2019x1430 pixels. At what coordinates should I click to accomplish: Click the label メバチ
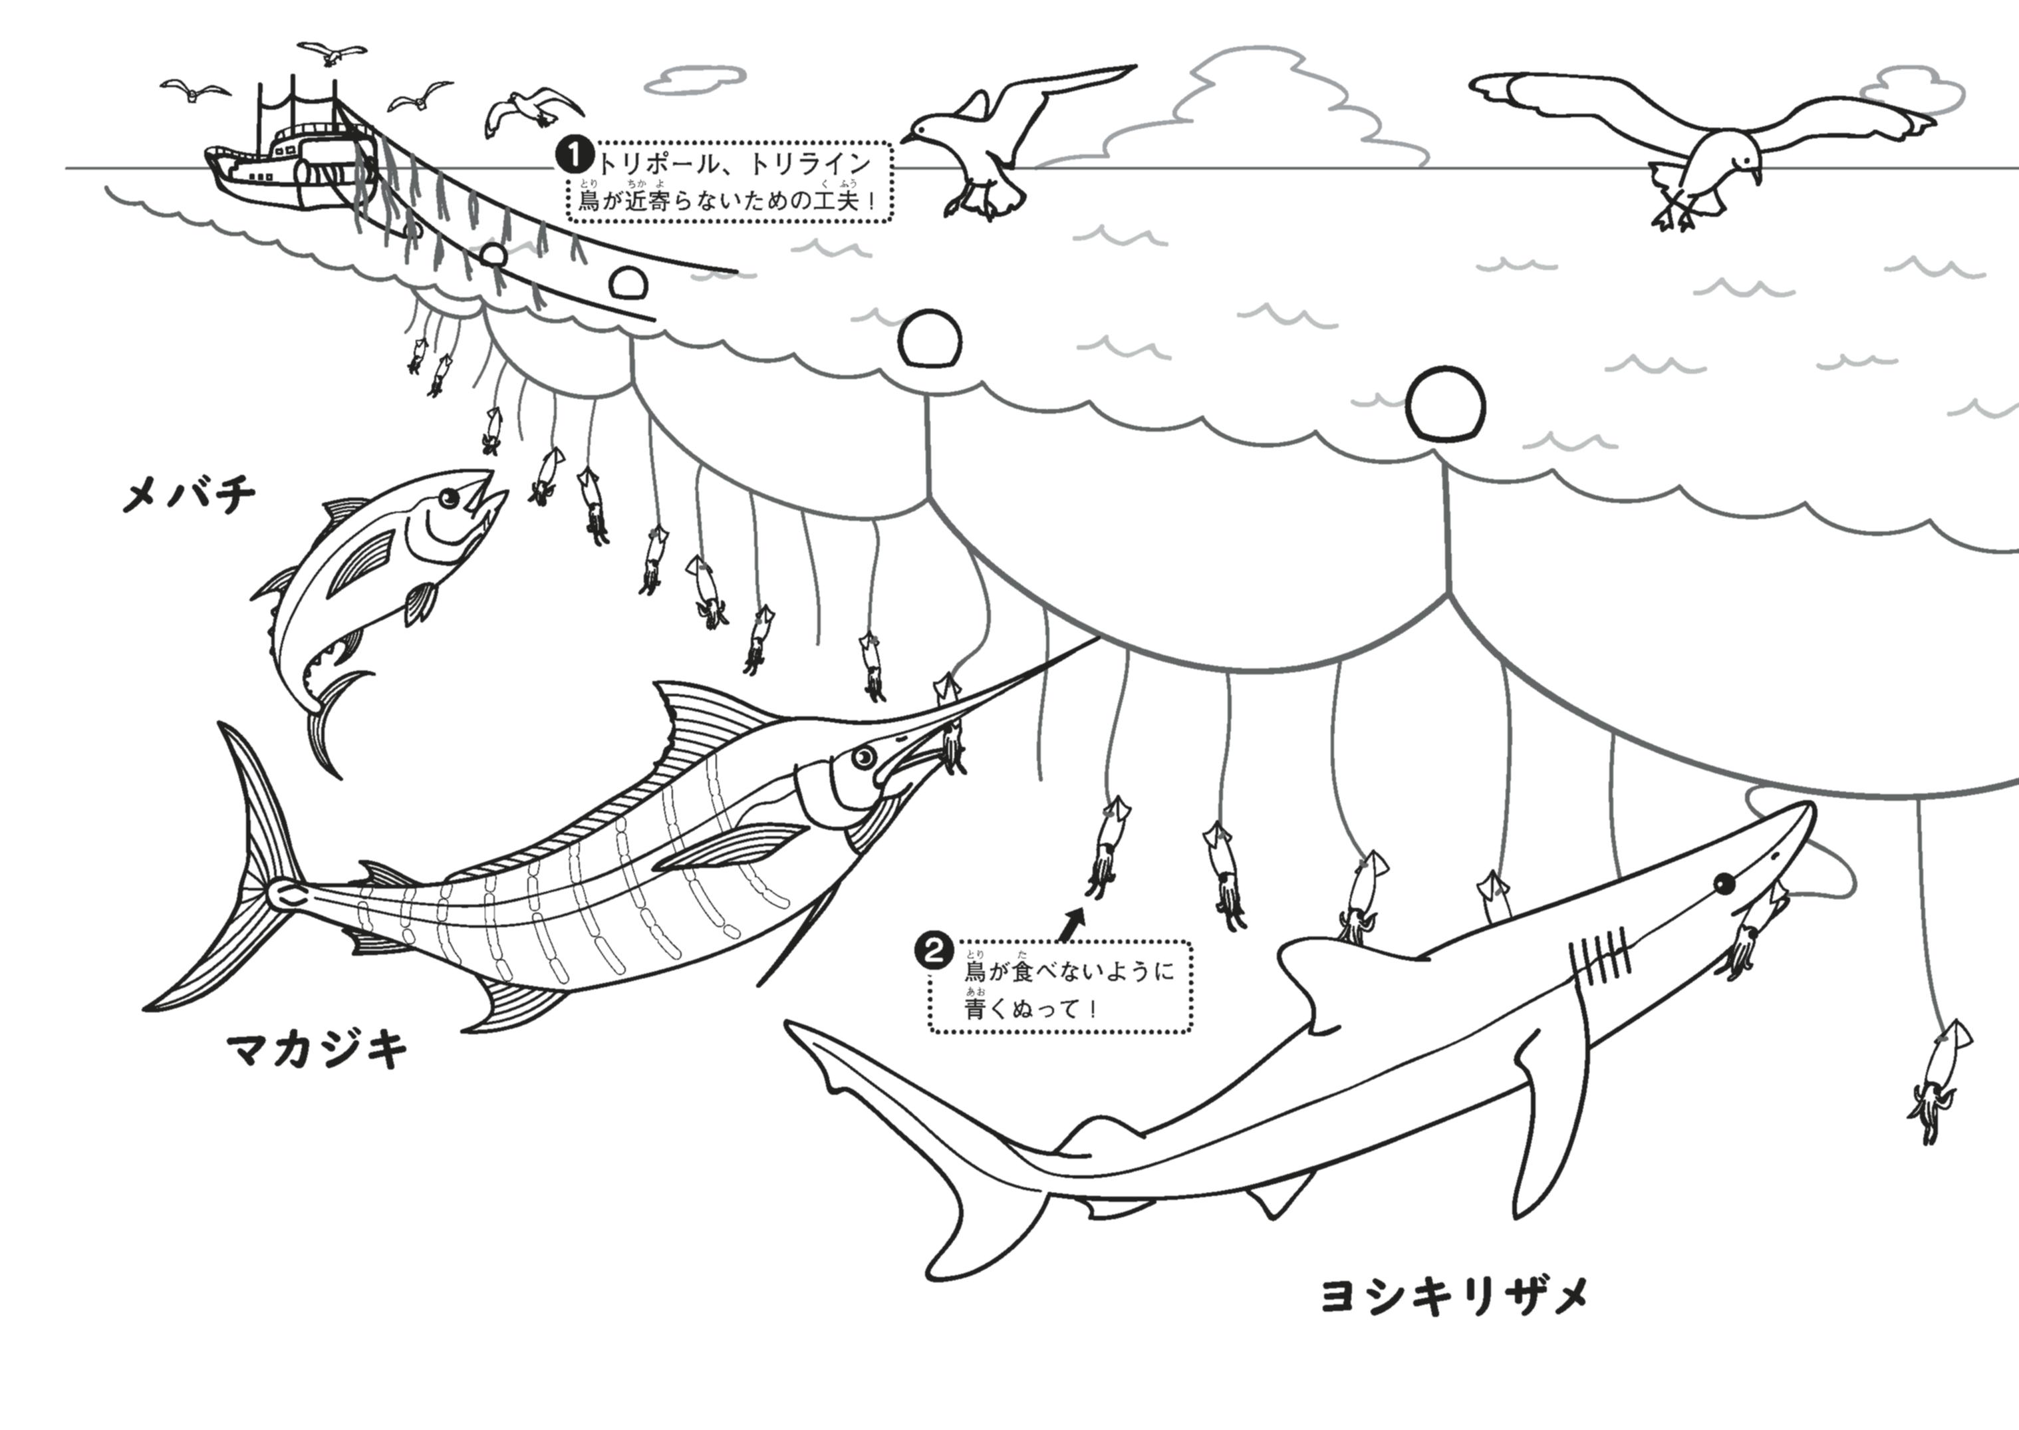point(188,496)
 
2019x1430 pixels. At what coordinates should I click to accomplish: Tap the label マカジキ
point(317,1050)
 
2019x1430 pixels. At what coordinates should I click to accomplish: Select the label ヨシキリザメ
point(1454,1297)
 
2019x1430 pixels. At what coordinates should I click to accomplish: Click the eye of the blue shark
point(1723,883)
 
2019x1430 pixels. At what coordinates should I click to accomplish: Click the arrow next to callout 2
point(1073,924)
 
